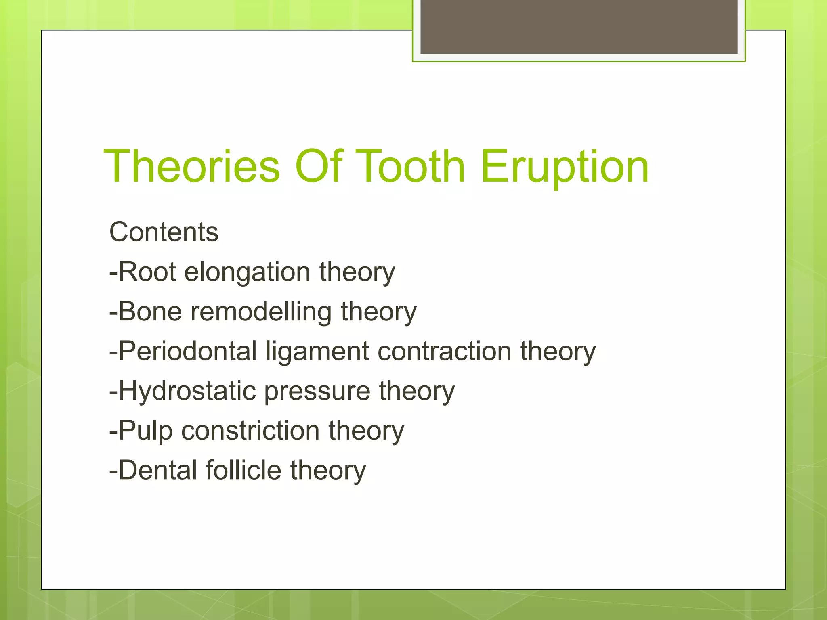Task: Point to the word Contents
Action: [x=164, y=232]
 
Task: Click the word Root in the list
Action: [x=147, y=272]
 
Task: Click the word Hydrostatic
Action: [x=187, y=391]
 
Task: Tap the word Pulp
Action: [x=145, y=431]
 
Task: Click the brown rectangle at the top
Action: [x=579, y=27]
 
